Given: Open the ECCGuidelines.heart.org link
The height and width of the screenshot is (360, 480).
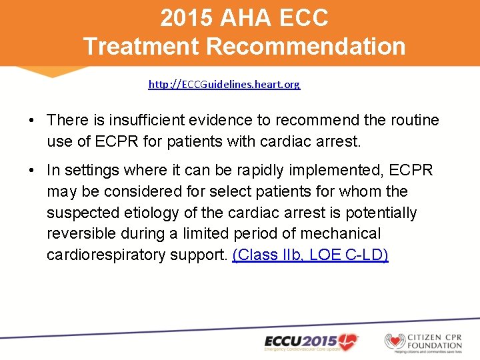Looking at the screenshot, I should [224, 85].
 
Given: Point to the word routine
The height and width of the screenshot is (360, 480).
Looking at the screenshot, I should [414, 121].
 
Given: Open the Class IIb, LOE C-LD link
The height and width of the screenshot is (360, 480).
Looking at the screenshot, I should [310, 255].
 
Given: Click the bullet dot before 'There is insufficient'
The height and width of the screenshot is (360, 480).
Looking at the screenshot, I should [32, 121].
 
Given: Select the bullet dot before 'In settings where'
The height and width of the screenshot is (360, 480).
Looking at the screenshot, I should [32, 171].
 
